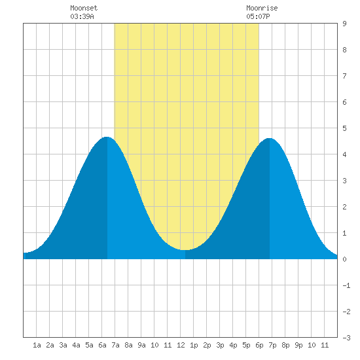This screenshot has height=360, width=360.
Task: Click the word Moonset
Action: click(x=84, y=8)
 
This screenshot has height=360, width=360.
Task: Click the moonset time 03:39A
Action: click(x=82, y=16)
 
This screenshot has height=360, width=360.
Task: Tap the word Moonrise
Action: click(x=262, y=8)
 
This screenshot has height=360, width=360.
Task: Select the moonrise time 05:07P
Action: click(x=258, y=16)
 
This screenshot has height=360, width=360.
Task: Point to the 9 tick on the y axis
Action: click(x=344, y=24)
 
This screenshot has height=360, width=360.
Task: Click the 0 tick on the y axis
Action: click(x=344, y=259)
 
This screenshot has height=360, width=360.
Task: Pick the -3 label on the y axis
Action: click(x=346, y=338)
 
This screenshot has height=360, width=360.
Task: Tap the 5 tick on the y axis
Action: click(x=344, y=128)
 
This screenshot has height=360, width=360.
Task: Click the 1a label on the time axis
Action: click(x=37, y=345)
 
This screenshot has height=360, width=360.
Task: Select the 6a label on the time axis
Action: click(x=102, y=345)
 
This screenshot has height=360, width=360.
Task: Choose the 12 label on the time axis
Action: click(x=181, y=345)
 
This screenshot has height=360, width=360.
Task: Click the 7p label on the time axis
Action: click(x=272, y=345)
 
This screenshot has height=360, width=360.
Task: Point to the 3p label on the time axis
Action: click(x=220, y=345)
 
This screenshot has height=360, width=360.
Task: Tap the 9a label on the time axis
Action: click(x=141, y=345)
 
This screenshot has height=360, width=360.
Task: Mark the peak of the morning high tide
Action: click(x=107, y=137)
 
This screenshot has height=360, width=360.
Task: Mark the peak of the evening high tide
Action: click(x=270, y=138)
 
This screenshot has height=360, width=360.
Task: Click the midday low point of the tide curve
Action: click(x=185, y=250)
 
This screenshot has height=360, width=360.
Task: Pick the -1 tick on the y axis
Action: click(x=346, y=285)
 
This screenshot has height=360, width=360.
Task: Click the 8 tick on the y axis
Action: click(x=344, y=50)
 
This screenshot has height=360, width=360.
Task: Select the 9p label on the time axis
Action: click(x=298, y=345)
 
